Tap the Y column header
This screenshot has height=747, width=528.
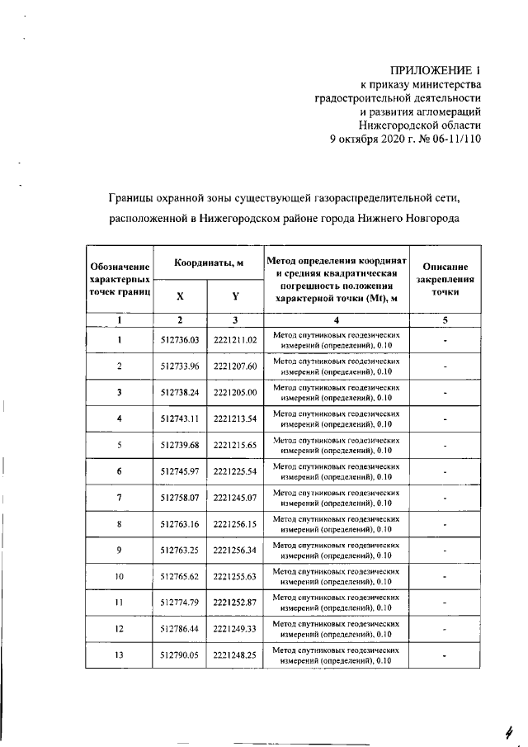[x=235, y=296]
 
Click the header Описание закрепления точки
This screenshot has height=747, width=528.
[x=445, y=279]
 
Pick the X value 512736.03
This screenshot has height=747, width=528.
[x=181, y=339]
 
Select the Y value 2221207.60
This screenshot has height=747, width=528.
[x=235, y=366]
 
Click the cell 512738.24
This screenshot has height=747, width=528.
[x=181, y=392]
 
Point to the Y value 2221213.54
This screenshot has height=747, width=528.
[x=235, y=418]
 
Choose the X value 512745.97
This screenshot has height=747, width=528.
[x=181, y=471]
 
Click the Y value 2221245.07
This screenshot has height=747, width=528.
[x=235, y=498]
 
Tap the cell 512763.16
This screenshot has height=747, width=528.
[x=181, y=524]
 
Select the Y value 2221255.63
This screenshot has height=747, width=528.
[x=235, y=577]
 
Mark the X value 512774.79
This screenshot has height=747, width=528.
[x=181, y=603]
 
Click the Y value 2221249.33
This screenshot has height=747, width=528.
[x=235, y=630]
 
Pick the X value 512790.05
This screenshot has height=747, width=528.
[x=181, y=656]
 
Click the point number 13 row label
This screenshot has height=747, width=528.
[x=120, y=656]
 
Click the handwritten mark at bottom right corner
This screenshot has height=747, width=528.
[x=509, y=730]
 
